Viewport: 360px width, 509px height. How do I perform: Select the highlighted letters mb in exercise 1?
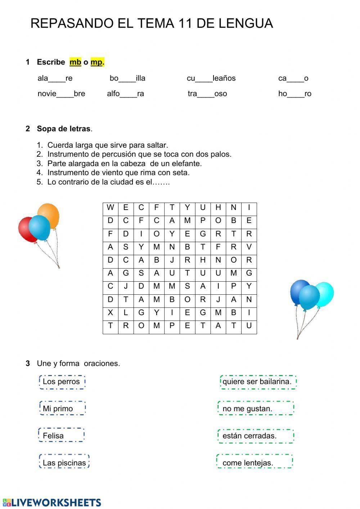coord(75,62)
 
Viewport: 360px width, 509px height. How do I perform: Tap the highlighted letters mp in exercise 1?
coord(96,62)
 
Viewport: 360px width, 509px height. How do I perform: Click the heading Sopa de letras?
coord(64,129)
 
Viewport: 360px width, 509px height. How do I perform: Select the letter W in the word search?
coord(110,207)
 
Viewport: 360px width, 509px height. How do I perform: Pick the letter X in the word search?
coord(110,313)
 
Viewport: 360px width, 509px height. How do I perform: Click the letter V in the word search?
coord(249,247)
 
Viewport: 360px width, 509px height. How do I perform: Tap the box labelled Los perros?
coord(62,382)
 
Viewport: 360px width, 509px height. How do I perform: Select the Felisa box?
coord(61,436)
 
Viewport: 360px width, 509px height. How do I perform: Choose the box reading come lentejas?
coord(255,463)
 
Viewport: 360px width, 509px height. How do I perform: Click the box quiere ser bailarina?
coord(258,382)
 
